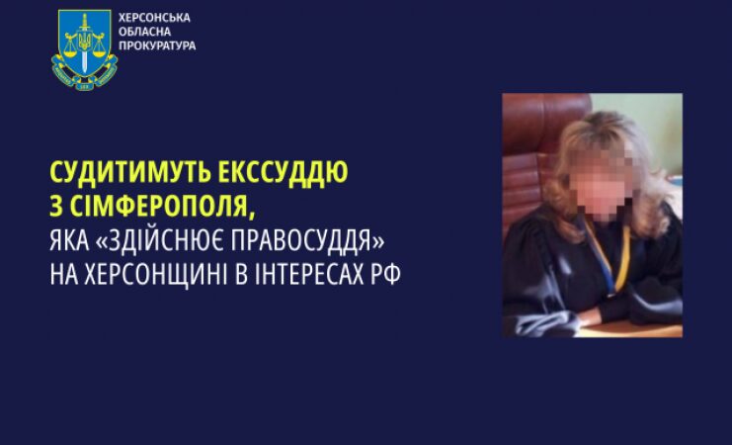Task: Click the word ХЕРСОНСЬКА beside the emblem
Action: coord(154,18)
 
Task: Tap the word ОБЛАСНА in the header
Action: coord(144,32)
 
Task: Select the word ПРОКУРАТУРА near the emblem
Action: coord(157,45)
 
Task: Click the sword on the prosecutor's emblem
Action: coord(85,43)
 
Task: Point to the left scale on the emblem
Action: coord(70,45)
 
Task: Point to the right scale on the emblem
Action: coord(99,45)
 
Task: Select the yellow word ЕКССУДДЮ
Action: coord(283,172)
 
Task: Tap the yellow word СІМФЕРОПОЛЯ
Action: coord(161,206)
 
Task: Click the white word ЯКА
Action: coord(69,240)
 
